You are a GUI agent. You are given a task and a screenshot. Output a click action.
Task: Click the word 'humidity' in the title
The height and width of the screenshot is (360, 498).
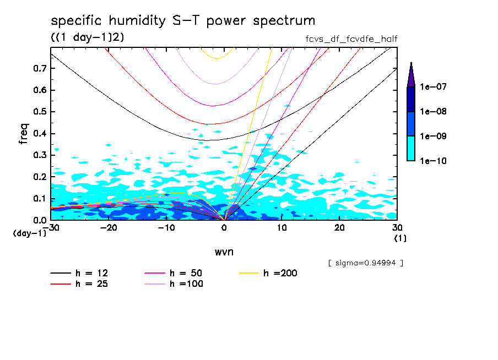(x=136, y=21)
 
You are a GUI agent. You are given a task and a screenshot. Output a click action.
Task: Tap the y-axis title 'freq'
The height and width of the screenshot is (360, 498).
(x=24, y=134)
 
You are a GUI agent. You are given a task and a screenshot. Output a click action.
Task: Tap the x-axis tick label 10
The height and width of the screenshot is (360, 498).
(x=282, y=227)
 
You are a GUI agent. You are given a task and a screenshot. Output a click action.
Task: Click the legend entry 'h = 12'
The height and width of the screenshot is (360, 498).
(x=91, y=273)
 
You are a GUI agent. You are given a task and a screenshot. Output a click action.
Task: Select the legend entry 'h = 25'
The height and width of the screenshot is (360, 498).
(x=91, y=284)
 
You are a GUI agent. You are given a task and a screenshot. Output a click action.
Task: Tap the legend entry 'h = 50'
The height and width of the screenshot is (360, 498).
(x=186, y=273)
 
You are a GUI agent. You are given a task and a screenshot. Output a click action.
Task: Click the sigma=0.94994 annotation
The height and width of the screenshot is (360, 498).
(x=365, y=263)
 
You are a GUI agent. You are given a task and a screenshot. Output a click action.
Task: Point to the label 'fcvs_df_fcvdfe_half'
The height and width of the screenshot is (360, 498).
(x=351, y=39)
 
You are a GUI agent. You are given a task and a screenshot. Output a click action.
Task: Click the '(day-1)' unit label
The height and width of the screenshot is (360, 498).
(x=30, y=233)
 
